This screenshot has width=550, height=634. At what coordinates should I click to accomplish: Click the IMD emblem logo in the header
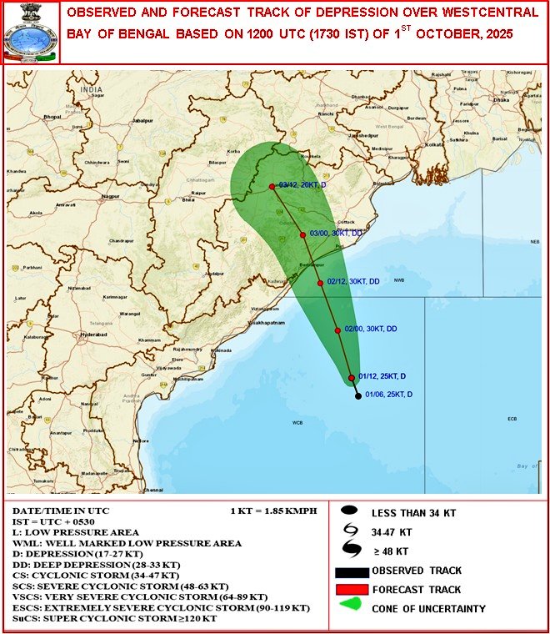point(30,33)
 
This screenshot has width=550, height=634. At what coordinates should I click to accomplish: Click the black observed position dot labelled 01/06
point(358,395)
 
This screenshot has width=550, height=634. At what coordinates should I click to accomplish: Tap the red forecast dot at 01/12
point(352,379)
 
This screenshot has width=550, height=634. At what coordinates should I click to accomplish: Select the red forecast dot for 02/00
point(337,330)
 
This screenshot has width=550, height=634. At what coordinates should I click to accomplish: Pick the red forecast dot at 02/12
point(320,283)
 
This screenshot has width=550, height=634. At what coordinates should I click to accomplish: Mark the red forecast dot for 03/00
point(302,235)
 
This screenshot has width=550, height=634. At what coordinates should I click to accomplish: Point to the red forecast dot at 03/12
point(272,186)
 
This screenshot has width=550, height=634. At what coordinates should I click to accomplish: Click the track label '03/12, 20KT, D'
point(303,185)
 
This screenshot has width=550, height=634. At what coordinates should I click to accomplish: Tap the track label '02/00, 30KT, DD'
point(371,329)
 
